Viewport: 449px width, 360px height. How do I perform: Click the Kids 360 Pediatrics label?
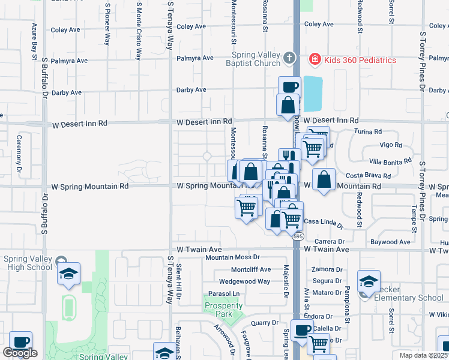360,60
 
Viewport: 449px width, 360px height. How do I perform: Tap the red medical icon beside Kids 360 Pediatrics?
314,59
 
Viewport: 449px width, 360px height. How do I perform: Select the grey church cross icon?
289,58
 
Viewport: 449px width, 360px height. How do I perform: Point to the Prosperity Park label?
223,310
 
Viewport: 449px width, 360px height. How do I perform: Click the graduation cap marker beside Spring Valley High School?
68,274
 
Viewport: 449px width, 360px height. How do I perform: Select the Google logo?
20,353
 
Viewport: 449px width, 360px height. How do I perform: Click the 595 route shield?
298,237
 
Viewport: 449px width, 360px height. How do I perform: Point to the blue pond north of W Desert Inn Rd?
312,94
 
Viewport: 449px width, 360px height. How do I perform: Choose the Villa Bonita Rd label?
390,161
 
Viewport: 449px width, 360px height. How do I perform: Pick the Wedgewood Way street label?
244,281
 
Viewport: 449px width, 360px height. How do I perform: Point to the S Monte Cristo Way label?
139,30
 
